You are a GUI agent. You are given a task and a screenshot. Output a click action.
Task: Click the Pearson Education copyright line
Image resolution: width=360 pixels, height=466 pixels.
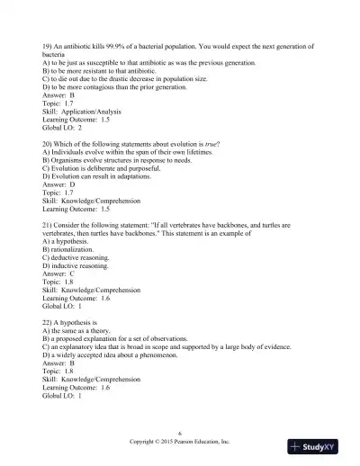[x=179, y=444]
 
